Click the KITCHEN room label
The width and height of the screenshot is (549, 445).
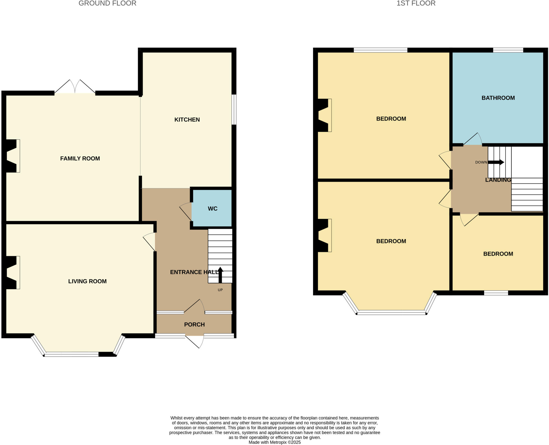click(187, 120)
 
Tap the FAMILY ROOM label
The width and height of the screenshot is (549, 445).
click(80, 159)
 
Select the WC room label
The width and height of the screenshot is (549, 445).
click(212, 209)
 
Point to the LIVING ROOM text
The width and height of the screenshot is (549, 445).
click(87, 281)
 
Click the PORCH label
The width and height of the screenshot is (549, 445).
click(194, 325)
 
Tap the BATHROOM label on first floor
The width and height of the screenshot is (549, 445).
click(498, 98)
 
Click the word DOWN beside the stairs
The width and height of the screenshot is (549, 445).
click(481, 162)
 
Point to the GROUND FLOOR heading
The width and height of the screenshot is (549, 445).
click(107, 3)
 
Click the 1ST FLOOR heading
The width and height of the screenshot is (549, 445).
click(416, 3)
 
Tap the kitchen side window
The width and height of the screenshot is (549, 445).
click(234, 109)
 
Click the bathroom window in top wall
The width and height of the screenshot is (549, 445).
click(508, 50)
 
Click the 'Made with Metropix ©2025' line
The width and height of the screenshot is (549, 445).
click(274, 442)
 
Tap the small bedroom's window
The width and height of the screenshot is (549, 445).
click(496, 293)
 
